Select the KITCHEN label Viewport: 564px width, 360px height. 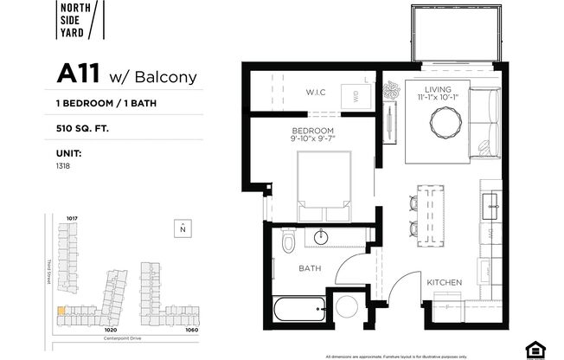click(444, 282)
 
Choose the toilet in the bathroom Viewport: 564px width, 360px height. click(288, 241)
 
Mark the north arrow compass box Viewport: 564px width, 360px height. click(182, 228)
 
